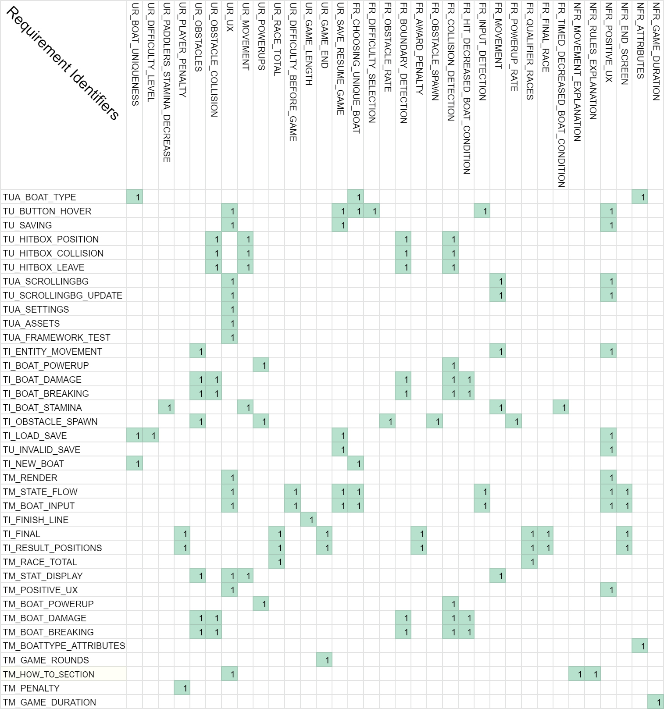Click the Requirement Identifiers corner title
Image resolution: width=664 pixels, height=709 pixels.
pyautogui.click(x=63, y=63)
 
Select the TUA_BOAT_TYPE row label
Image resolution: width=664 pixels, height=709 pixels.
pyautogui.click(x=39, y=197)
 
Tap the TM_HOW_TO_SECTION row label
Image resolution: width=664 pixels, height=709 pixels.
pyautogui.click(x=49, y=674)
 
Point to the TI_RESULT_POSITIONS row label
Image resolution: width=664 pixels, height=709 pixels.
pyautogui.click(x=52, y=548)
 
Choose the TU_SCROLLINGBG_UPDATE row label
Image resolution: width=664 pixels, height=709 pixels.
pyautogui.click(x=62, y=296)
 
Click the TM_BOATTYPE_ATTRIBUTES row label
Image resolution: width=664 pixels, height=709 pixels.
pyautogui.click(x=64, y=646)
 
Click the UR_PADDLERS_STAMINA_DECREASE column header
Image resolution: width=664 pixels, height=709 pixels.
pyautogui.click(x=167, y=82)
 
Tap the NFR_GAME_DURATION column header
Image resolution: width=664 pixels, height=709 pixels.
pyautogui.click(x=656, y=52)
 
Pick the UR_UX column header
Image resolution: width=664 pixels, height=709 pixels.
pyautogui.click(x=230, y=17)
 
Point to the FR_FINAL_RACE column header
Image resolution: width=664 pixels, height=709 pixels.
pyautogui.click(x=546, y=38)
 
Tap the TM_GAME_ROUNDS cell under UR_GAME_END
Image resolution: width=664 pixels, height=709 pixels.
pyautogui.click(x=324, y=660)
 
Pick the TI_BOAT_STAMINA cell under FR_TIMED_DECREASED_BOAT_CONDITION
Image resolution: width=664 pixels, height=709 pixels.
pyautogui.click(x=561, y=407)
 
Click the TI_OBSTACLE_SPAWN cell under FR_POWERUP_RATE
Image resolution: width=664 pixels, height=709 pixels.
pyautogui.click(x=514, y=421)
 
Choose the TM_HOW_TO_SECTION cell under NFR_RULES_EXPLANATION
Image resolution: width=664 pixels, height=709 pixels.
pyautogui.click(x=593, y=674)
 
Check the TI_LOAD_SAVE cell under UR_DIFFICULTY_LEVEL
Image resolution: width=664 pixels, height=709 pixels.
pyautogui.click(x=150, y=435)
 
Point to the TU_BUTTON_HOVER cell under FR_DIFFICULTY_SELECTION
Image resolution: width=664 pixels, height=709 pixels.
pyautogui.click(x=371, y=211)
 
